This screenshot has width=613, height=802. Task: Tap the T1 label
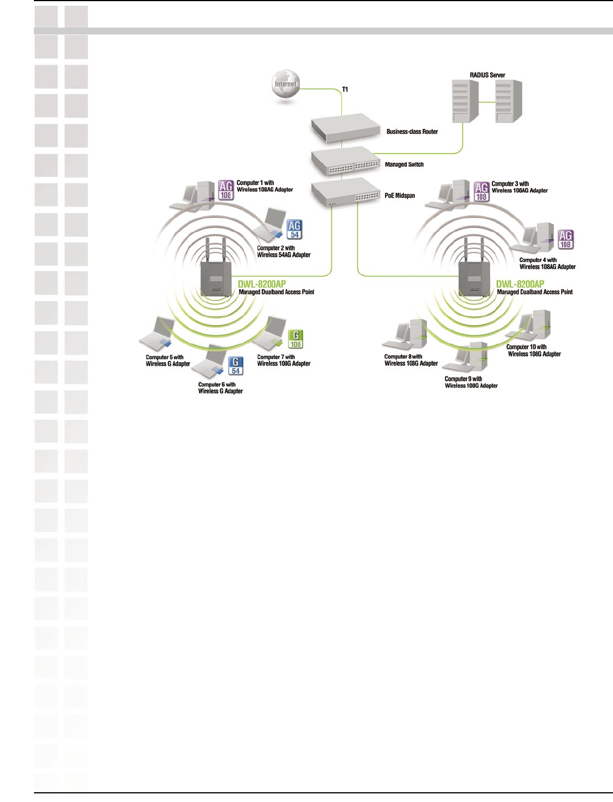(x=345, y=89)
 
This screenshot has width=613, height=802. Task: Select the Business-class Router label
(x=412, y=132)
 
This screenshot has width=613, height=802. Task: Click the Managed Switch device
(x=345, y=161)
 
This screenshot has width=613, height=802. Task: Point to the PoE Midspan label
(x=399, y=195)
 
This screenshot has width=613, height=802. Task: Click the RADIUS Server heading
(x=487, y=75)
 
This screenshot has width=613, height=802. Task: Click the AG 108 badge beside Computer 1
(x=226, y=190)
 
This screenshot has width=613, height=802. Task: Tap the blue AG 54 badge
(x=294, y=229)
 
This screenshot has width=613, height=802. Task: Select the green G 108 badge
(x=295, y=339)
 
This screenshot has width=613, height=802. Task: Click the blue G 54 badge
(x=236, y=366)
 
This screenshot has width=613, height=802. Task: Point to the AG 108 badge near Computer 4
(x=565, y=239)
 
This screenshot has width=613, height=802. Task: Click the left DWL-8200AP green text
(x=262, y=284)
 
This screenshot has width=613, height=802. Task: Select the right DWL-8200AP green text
(x=520, y=284)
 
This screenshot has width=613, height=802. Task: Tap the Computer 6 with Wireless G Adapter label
(x=220, y=388)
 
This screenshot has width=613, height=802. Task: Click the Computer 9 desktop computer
(x=471, y=358)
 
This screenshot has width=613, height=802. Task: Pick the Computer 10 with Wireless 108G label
(x=534, y=351)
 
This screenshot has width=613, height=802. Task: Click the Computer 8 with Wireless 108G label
(x=411, y=360)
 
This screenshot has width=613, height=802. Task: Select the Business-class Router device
(x=345, y=127)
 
